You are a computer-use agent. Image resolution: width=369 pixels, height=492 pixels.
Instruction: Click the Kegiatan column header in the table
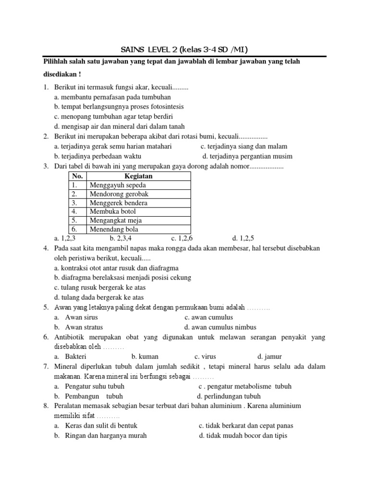coord(138,176)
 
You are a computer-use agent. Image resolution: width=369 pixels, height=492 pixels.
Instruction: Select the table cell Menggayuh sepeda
coord(117,185)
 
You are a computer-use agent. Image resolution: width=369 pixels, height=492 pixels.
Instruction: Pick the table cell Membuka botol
coord(112,211)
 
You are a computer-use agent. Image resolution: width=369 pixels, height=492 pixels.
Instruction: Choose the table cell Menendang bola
coord(114,229)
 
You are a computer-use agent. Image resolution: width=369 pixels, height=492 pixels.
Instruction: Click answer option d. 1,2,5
coord(243,238)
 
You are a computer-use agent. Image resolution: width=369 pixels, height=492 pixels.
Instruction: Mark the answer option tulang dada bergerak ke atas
coord(99,297)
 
